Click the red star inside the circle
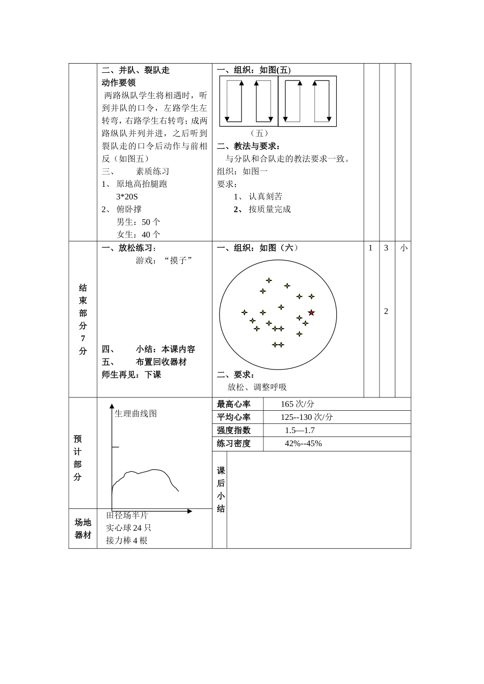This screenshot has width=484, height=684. click(311, 312)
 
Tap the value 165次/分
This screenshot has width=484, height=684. click(297, 404)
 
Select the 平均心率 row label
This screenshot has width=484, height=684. click(234, 417)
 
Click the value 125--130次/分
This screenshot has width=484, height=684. click(307, 417)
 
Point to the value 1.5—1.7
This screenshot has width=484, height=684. click(300, 431)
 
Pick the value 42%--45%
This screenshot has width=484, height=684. click(303, 444)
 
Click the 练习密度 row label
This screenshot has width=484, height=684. click(234, 444)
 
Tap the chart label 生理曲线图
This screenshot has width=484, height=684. click(136, 414)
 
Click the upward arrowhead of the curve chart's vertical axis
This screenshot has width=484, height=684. click(112, 406)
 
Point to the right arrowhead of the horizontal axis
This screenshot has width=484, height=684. click(190, 511)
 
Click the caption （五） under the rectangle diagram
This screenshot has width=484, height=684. click(259, 133)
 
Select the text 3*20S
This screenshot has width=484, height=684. click(127, 197)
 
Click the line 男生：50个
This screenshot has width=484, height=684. click(138, 222)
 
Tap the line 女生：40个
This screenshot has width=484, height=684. click(138, 235)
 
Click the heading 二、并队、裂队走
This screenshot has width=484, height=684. click(136, 70)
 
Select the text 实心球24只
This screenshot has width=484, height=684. click(128, 528)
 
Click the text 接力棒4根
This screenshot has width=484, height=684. click(127, 541)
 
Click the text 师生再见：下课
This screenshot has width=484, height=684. click(131, 375)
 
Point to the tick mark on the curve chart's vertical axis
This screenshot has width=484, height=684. click(115, 447)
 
